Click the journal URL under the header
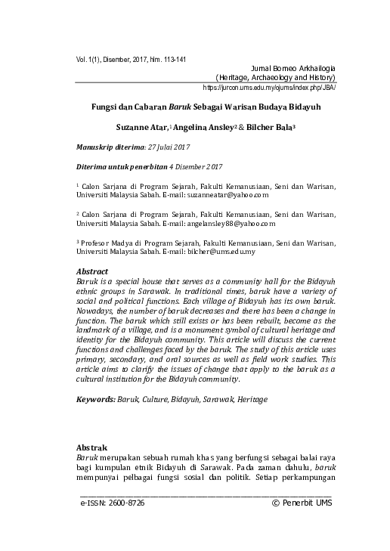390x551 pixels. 270,88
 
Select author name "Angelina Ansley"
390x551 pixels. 217,128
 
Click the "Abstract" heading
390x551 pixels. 93,271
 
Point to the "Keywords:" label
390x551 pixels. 98,398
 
